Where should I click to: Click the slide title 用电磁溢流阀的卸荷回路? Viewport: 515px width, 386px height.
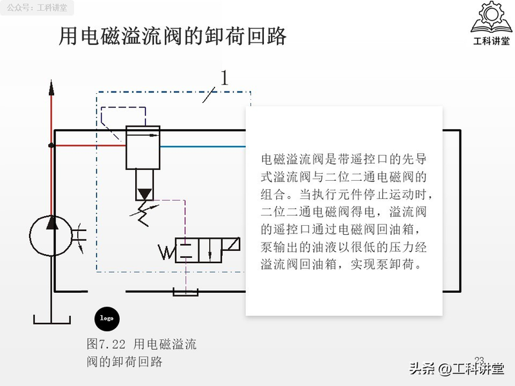pyautogui.click(x=173, y=36)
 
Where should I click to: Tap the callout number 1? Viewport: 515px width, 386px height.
pyautogui.click(x=225, y=78)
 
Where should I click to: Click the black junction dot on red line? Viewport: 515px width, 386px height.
pyautogui.click(x=51, y=145)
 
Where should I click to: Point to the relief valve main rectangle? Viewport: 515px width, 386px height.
pyautogui.click(x=142, y=147)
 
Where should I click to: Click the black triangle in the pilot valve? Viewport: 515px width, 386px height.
pyautogui.click(x=144, y=193)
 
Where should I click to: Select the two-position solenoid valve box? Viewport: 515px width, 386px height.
pyautogui.click(x=196, y=250)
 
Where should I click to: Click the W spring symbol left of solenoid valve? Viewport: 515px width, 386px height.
pyautogui.click(x=167, y=252)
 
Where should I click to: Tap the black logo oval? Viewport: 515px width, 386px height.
pyautogui.click(x=107, y=318)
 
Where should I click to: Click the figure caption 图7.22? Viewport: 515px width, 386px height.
pyautogui.click(x=107, y=345)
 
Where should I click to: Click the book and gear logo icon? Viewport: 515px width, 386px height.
pyautogui.click(x=491, y=19)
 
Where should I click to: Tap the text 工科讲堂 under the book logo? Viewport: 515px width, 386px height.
pyautogui.click(x=491, y=42)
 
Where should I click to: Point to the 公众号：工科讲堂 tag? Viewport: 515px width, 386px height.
pyautogui.click(x=36, y=8)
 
